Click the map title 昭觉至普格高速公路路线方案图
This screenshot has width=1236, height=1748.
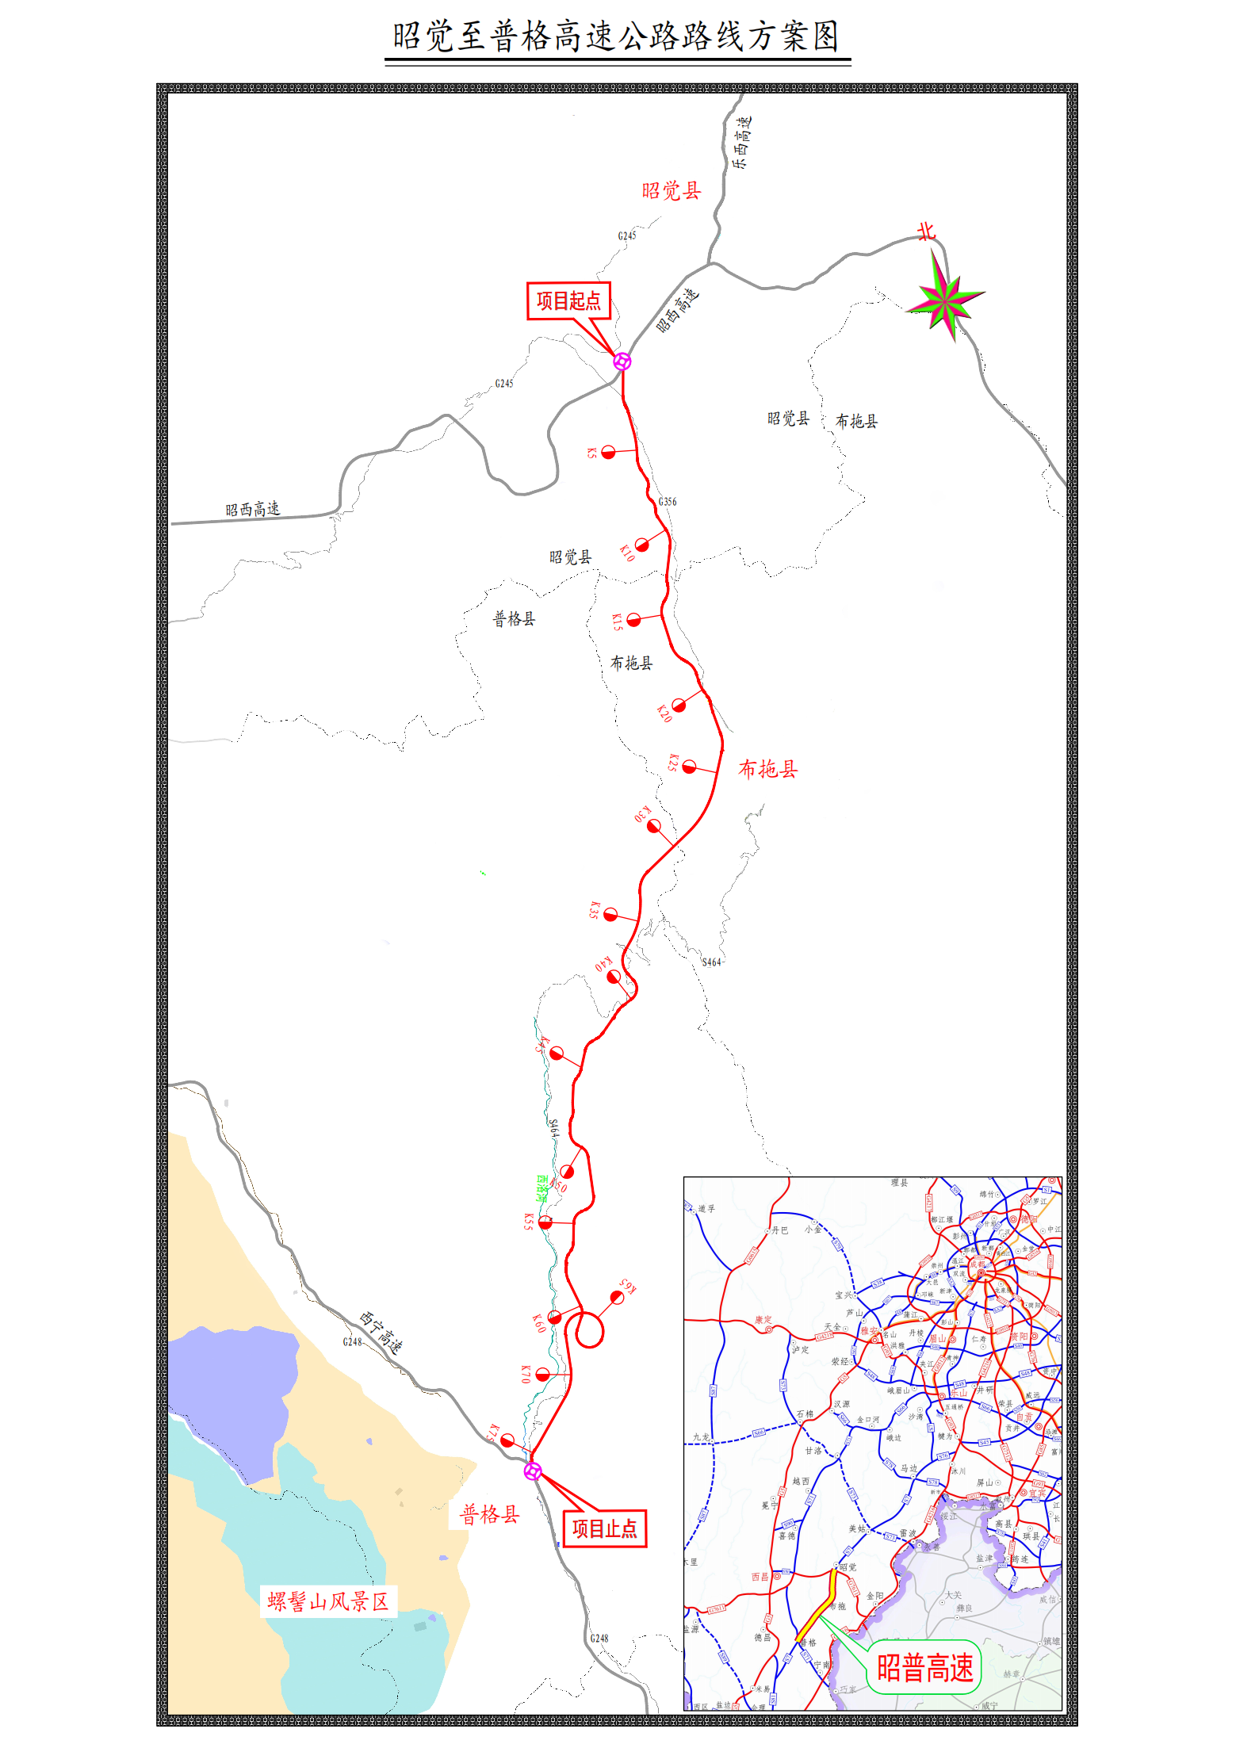(616, 37)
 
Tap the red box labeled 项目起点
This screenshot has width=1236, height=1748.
(568, 301)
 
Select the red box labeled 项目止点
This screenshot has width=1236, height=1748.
(604, 1528)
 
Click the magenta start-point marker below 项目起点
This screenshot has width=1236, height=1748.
(622, 361)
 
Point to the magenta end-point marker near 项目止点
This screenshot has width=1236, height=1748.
(533, 1471)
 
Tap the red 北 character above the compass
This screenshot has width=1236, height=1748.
(926, 231)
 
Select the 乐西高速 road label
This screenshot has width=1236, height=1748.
(741, 143)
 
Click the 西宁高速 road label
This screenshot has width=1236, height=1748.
(381, 1332)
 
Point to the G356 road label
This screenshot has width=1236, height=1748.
(668, 501)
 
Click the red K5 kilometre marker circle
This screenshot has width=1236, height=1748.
(608, 452)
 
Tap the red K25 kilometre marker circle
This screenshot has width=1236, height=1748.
(690, 767)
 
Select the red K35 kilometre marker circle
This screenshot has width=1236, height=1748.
(610, 915)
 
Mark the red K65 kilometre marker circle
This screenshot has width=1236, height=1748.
(617, 1297)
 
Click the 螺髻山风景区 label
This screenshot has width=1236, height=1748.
(328, 1601)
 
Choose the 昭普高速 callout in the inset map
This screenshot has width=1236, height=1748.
(924, 1667)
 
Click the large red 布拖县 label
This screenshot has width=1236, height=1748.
(767, 769)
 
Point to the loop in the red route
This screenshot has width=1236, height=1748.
(588, 1330)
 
